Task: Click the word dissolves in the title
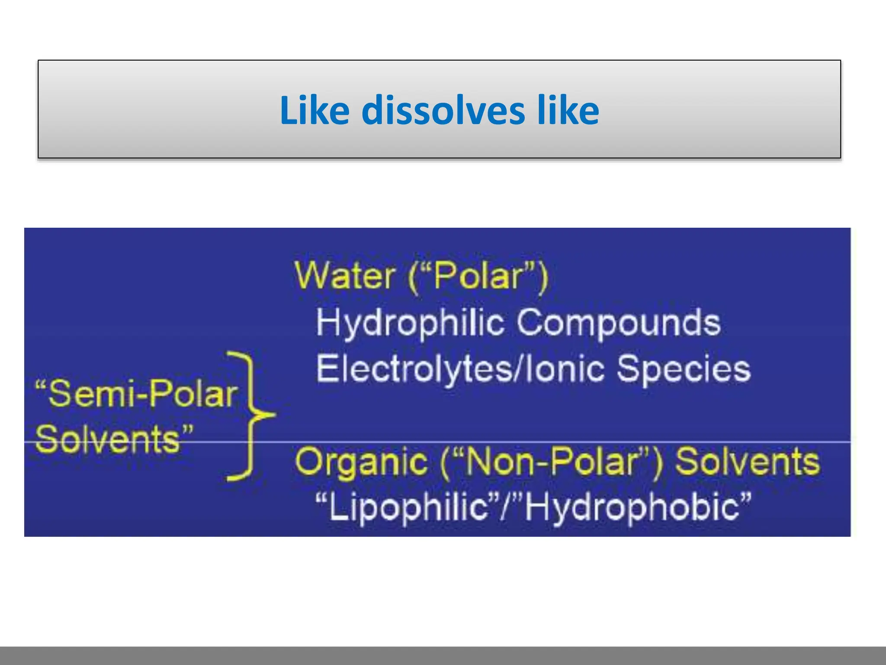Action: coord(443,110)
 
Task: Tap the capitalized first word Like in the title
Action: coord(315,110)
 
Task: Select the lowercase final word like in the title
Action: coord(568,110)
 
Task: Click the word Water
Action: coord(344,275)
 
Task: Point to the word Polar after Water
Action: coord(478,276)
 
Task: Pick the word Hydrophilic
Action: coord(410,323)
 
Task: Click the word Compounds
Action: coord(619,323)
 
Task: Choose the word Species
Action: coord(684,369)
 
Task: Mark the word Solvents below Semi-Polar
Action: coord(108,439)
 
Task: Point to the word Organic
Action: coord(361,462)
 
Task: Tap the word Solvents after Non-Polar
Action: coord(747,461)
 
